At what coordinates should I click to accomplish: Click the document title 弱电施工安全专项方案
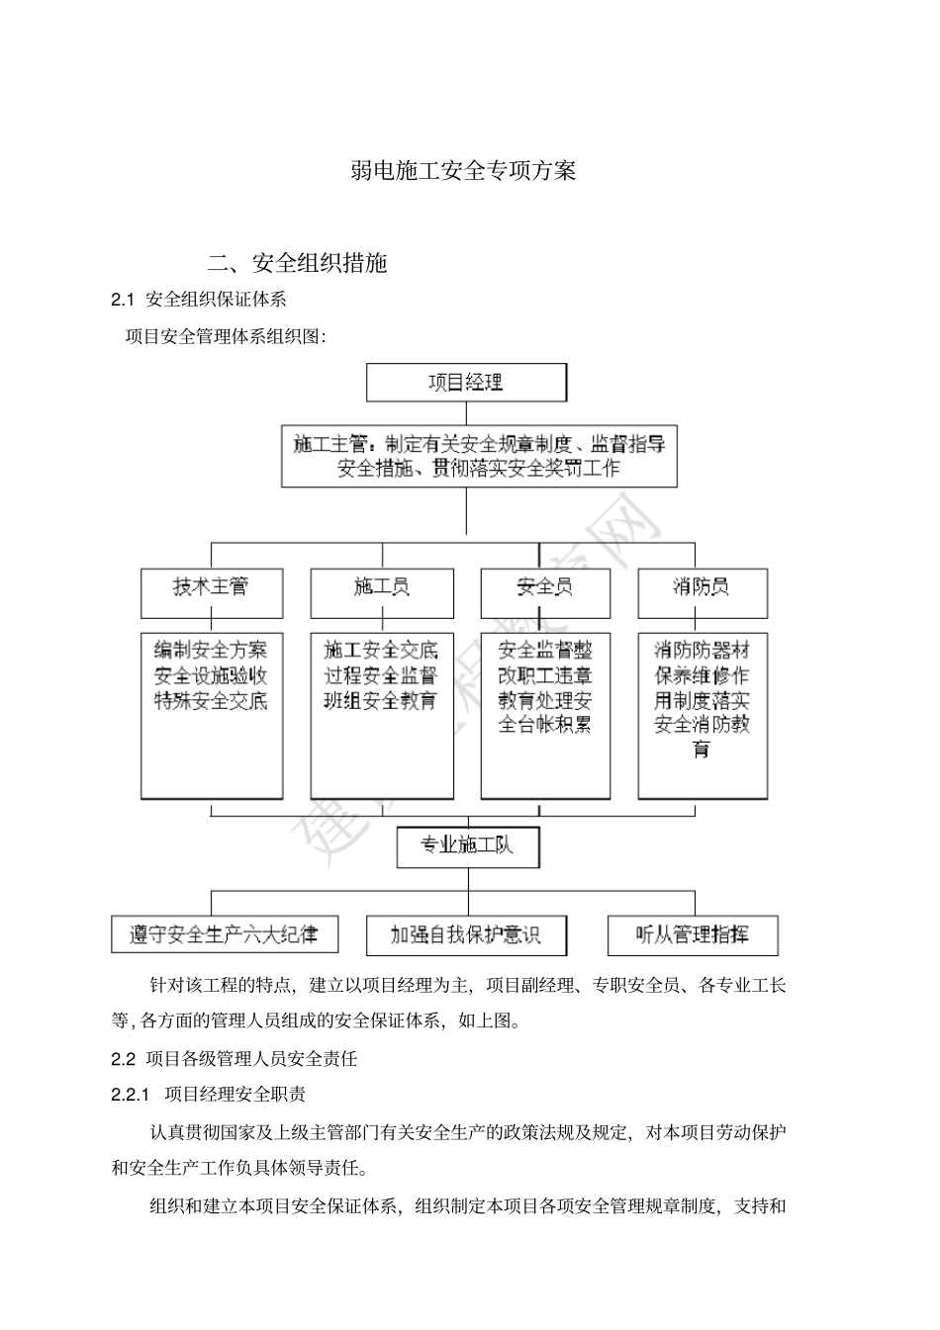point(463,171)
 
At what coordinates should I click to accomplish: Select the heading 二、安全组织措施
point(297,263)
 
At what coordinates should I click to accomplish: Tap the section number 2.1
point(122,300)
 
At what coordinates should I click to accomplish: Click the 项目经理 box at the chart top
point(466,382)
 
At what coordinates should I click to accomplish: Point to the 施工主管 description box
point(479,456)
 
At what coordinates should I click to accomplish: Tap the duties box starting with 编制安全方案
point(211,715)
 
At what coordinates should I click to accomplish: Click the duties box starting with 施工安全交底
point(382,715)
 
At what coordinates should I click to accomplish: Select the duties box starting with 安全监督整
point(544,715)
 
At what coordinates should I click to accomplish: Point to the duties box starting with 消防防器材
point(702,715)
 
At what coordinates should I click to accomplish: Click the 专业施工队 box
point(467,846)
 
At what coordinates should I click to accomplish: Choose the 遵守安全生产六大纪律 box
point(225,934)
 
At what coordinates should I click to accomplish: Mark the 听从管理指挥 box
point(692,934)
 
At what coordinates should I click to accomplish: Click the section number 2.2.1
point(130,1095)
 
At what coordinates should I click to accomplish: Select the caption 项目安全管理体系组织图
point(224,336)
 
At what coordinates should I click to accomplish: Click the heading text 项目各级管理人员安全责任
point(251,1059)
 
